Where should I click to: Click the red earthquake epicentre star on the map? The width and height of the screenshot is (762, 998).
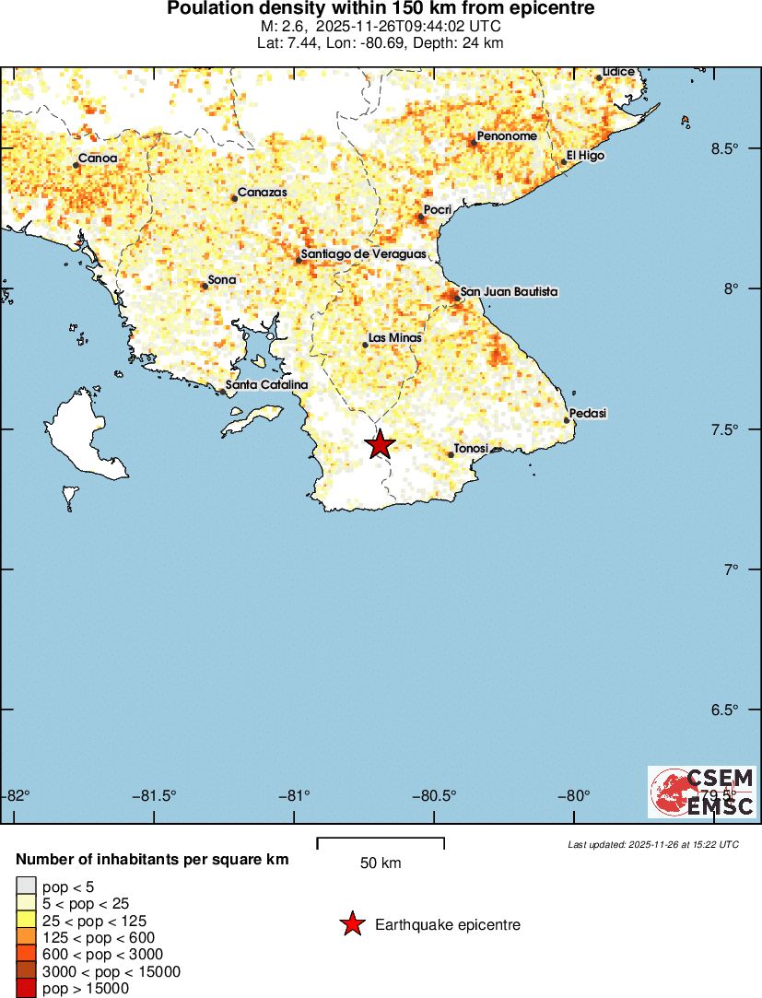380,444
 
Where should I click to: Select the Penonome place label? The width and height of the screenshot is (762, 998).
507,136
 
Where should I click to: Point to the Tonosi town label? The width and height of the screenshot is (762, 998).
472,448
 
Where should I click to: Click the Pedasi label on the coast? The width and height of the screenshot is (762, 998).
588,413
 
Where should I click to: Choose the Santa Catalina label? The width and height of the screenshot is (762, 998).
266,384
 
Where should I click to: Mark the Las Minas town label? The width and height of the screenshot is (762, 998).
394,338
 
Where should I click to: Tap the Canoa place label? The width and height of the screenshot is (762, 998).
97,159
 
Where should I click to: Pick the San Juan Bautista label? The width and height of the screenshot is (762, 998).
509,291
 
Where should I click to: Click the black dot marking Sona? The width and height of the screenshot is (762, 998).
205,286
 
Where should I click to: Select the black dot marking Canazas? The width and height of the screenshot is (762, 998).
234,198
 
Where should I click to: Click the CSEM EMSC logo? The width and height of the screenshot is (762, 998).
702,792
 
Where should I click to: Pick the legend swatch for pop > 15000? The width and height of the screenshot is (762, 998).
27,989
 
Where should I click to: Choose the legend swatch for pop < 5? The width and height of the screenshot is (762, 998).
27,886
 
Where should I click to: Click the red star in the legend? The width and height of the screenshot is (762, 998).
351,924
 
